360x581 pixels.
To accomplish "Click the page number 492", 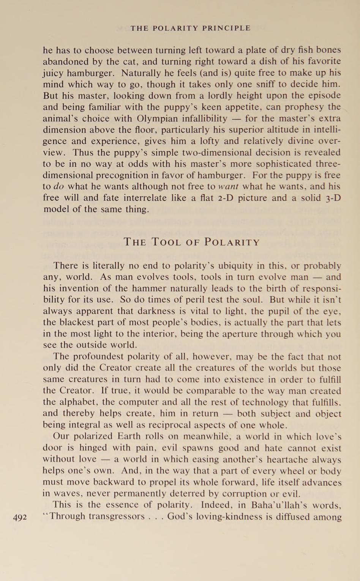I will pyautogui.click(x=20, y=517).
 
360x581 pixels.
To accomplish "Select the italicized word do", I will pyautogui.click(x=59, y=187).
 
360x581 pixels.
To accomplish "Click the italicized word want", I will pyautogui.click(x=229, y=187).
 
